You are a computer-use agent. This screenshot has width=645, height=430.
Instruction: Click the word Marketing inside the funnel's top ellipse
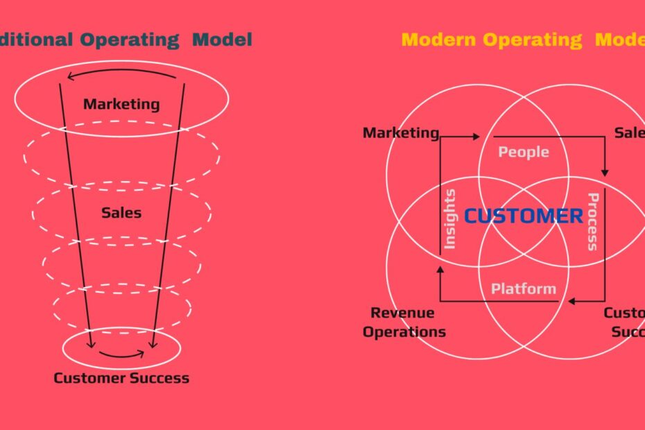(121, 105)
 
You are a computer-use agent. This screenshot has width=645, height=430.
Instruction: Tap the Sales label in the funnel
(121, 213)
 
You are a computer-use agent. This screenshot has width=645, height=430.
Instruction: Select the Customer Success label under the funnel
(121, 378)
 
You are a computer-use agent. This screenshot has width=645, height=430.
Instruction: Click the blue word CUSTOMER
(524, 216)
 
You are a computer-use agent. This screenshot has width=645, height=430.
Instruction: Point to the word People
(524, 152)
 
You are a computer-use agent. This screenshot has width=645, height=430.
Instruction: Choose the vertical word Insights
(449, 218)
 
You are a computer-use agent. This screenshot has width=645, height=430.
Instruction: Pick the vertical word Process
(592, 222)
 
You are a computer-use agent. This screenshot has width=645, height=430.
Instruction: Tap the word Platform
(524, 289)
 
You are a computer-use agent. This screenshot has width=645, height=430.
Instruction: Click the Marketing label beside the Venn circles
(401, 132)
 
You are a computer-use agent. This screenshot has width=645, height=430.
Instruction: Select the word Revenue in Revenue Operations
(402, 313)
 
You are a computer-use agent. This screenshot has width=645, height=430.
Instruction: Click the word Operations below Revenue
(404, 332)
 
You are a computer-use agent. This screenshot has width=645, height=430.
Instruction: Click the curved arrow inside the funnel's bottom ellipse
(121, 355)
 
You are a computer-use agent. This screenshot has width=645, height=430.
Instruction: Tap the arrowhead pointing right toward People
(476, 137)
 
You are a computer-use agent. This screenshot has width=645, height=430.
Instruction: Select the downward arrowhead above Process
(605, 171)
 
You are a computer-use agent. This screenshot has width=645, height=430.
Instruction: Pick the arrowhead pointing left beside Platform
(572, 302)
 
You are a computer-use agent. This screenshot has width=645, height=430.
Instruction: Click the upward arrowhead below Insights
(440, 269)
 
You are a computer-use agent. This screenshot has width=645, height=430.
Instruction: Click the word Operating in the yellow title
(533, 40)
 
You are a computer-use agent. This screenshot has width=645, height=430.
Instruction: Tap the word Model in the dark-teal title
(223, 40)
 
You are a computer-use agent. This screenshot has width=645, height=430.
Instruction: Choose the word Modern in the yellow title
(439, 40)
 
